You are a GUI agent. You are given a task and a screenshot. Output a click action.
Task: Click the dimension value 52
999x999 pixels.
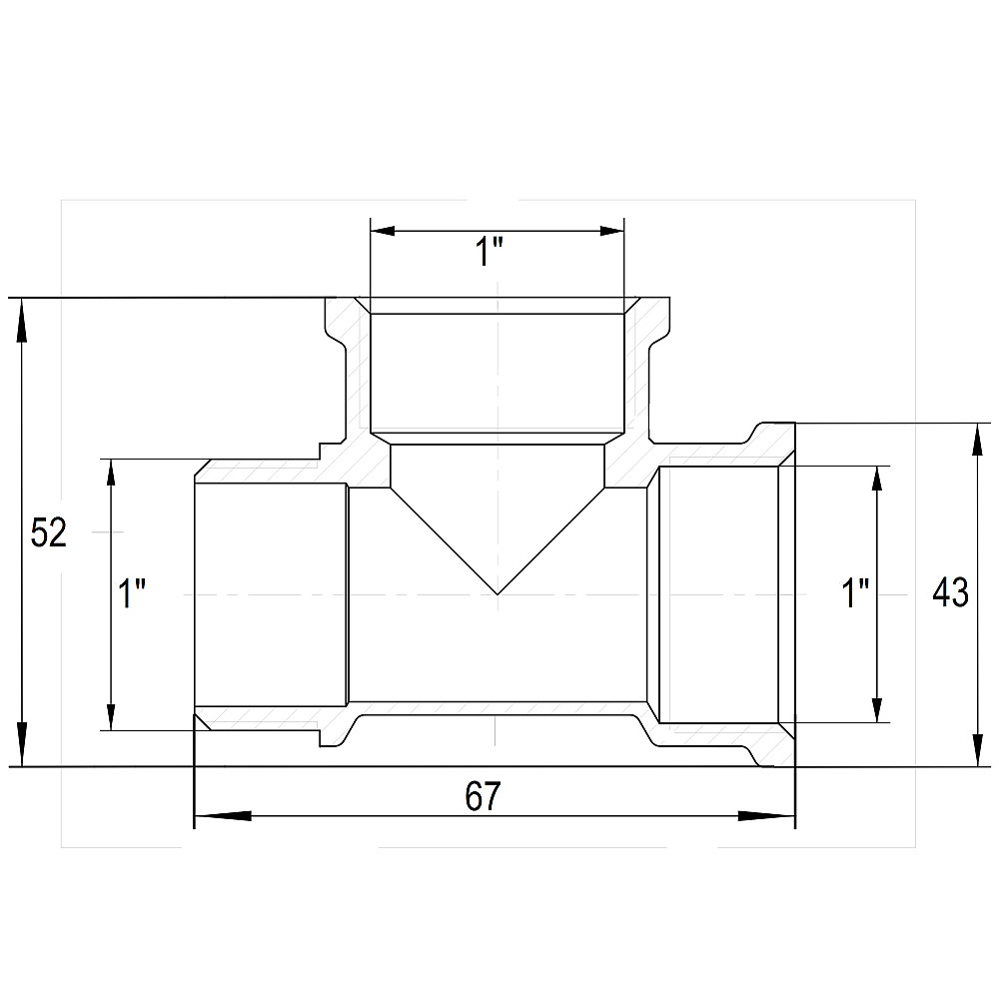[48, 532]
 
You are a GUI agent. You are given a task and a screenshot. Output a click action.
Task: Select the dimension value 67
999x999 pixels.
[483, 796]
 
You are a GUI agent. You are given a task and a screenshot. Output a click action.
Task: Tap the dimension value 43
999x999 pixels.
[951, 593]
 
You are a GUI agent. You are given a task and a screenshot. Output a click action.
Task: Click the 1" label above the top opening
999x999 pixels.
[490, 252]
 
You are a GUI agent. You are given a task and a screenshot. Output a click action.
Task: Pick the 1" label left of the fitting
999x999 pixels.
[133, 593]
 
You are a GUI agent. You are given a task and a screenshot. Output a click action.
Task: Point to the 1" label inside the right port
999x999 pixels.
[856, 593]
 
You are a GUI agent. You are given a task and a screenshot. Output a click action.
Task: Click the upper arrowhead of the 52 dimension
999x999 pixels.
[22, 323]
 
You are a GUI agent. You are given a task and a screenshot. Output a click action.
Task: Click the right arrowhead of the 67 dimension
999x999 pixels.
[766, 816]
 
